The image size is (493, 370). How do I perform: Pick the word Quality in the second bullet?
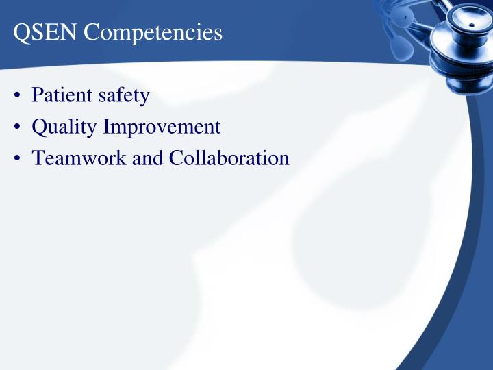tap(62, 127)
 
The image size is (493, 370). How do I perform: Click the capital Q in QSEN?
tap(21, 33)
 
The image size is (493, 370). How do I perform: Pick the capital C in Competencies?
tap(92, 33)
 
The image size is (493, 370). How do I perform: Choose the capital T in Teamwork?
tap(38, 158)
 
